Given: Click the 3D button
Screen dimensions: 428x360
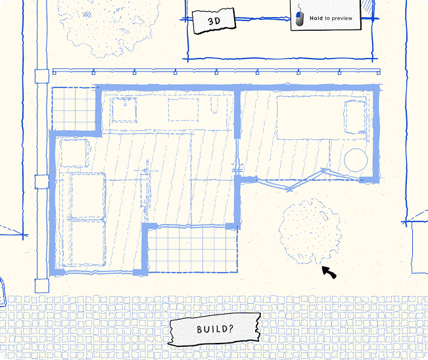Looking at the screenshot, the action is point(214,21).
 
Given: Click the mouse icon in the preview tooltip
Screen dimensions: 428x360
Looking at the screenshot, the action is point(299,18).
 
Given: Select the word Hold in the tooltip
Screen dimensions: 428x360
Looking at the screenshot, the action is point(316,18).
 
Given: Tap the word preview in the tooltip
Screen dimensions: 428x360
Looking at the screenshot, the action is point(342,18).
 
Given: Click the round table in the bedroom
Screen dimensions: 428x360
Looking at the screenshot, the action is point(356,160).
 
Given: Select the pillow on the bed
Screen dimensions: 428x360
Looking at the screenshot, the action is point(355,118).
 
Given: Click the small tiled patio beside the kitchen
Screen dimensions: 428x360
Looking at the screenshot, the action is point(74,108).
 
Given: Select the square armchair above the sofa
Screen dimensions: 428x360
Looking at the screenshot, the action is point(75,152).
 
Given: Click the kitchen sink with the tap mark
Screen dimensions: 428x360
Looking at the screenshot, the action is point(124,110).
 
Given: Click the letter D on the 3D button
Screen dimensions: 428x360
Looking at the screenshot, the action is point(217,20).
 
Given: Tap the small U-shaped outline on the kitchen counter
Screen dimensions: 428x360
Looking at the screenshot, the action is point(215,106).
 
